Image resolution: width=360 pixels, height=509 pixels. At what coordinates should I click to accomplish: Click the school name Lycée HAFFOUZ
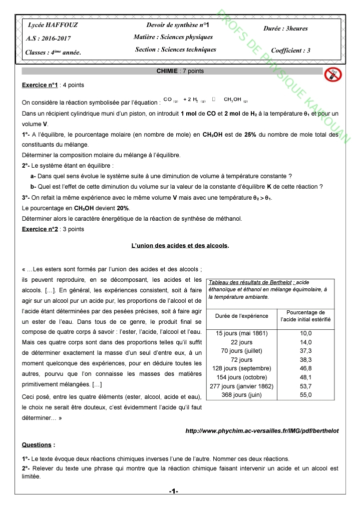coord(46,25)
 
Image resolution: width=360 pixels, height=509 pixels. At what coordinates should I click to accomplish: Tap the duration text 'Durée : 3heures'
coord(285,29)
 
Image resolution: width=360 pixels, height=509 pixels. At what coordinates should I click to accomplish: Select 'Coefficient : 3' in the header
coord(290,51)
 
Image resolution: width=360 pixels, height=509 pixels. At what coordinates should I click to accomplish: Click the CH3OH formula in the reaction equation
coord(232,100)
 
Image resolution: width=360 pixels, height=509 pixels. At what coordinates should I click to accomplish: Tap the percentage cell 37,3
coord(305,351)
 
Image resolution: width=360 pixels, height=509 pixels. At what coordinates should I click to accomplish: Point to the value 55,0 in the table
coord(305,395)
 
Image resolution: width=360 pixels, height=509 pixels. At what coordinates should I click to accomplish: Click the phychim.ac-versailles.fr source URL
coord(262,430)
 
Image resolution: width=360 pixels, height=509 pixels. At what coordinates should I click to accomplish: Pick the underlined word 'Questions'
coord(37,444)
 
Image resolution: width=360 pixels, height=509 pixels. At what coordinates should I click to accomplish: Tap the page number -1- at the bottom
coord(174,491)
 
